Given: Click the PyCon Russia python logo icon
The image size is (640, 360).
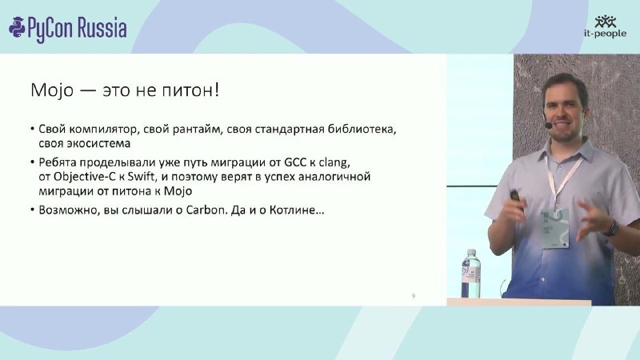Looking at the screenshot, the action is point(17,28).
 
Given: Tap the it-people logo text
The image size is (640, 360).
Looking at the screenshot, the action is point(605,34).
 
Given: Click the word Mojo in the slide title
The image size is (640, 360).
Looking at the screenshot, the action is point(52,90).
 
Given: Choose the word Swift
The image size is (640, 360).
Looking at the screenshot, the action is point(142,177).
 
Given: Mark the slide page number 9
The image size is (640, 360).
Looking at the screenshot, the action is point(414,295).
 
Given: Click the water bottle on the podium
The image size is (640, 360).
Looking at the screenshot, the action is point(470,274).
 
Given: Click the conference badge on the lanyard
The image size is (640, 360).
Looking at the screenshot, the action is point(554,228).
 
